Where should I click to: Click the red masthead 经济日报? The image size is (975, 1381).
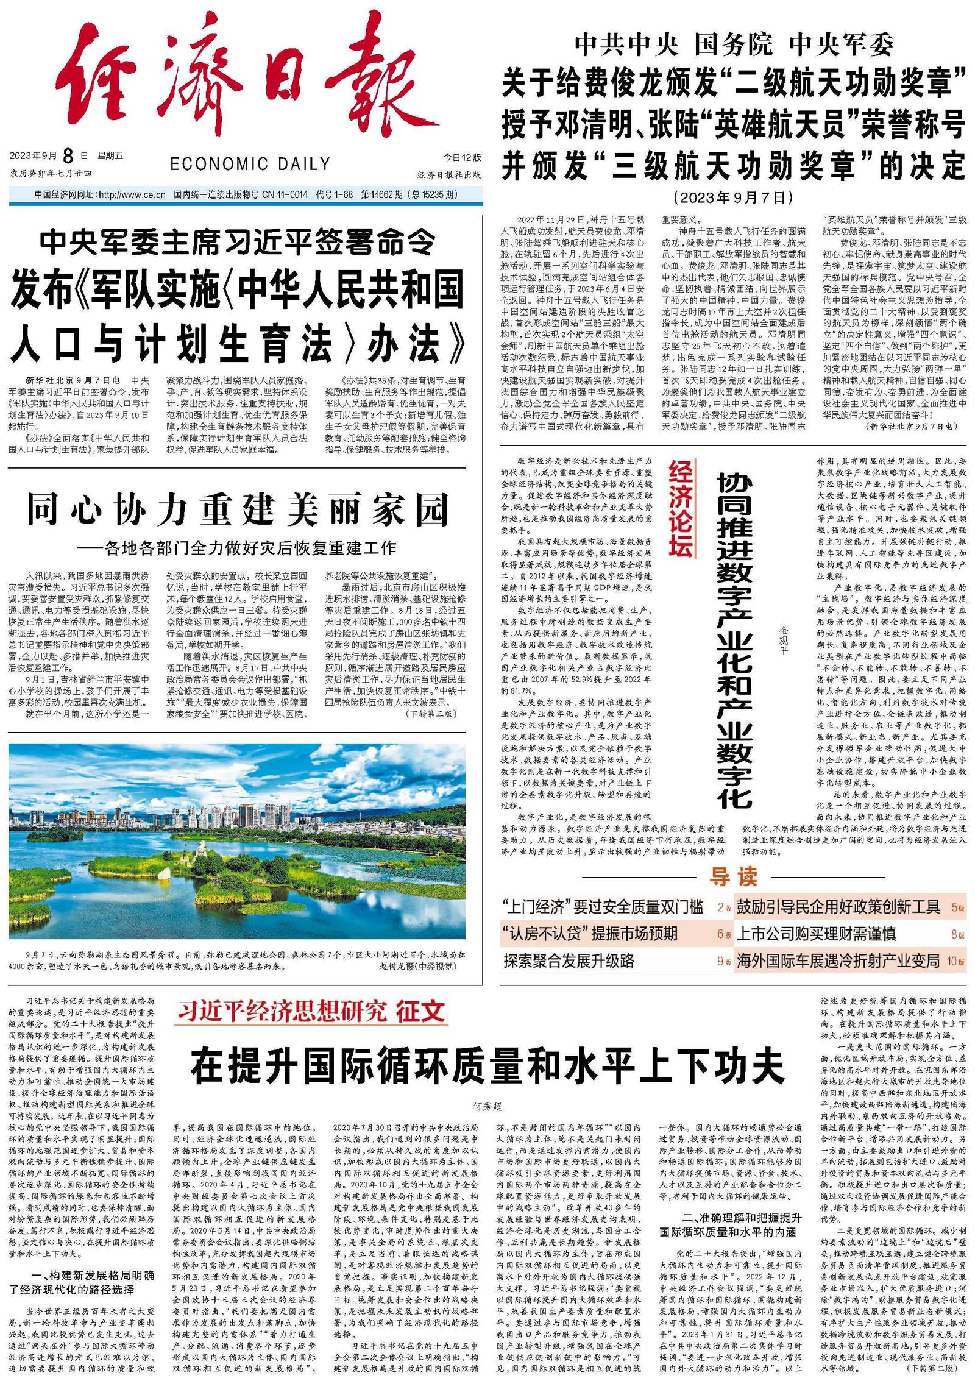244,76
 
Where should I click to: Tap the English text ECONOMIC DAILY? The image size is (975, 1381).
250,164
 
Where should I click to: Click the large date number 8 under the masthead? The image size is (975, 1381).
68,156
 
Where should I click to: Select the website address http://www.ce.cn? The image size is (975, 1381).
132,195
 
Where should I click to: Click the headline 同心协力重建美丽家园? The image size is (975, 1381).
238,511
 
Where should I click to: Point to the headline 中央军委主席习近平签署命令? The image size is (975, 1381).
238,242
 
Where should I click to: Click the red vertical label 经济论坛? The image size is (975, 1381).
681,508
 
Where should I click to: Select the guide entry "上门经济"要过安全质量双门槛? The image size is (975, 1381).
603,907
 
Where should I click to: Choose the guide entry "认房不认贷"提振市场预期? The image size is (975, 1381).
590,934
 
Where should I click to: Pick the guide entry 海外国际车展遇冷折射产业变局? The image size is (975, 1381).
838,961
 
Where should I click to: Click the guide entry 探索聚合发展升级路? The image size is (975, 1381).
569,961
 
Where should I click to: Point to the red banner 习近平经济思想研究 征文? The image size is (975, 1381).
311,1012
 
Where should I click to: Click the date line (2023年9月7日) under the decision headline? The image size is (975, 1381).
733,197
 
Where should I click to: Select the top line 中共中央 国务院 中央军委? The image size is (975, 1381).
733,44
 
